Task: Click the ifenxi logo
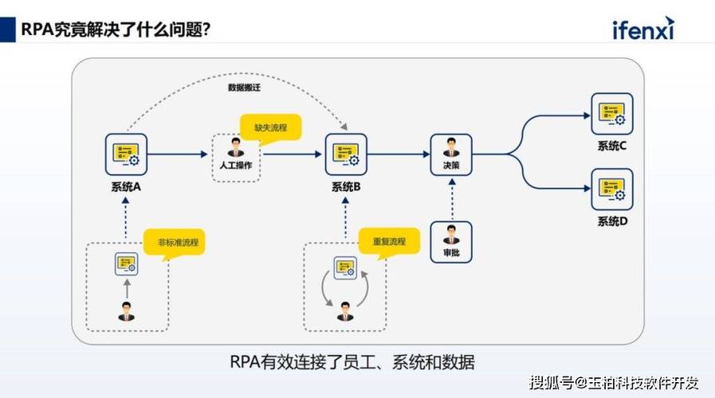pos(643,29)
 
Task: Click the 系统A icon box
pos(126,154)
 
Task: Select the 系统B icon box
pos(346,154)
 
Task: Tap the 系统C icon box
pos(612,114)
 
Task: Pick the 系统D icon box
pos(612,189)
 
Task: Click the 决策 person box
pos(451,154)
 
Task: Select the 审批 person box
pos(451,242)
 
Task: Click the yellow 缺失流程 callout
pos(271,127)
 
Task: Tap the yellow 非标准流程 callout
pos(175,243)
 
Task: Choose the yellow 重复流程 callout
pos(389,242)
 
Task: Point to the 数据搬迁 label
pos(245,88)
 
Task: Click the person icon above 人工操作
pos(236,147)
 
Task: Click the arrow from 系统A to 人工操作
pos(178,154)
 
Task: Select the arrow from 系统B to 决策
pos(399,154)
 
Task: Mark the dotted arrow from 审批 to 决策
pos(452,200)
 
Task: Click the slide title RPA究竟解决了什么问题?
pos(116,29)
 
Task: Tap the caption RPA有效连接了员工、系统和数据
pos(352,362)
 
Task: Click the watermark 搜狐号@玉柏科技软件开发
pos(614,383)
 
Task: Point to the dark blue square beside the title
pos(8,29)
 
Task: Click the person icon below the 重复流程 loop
pos(345,311)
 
